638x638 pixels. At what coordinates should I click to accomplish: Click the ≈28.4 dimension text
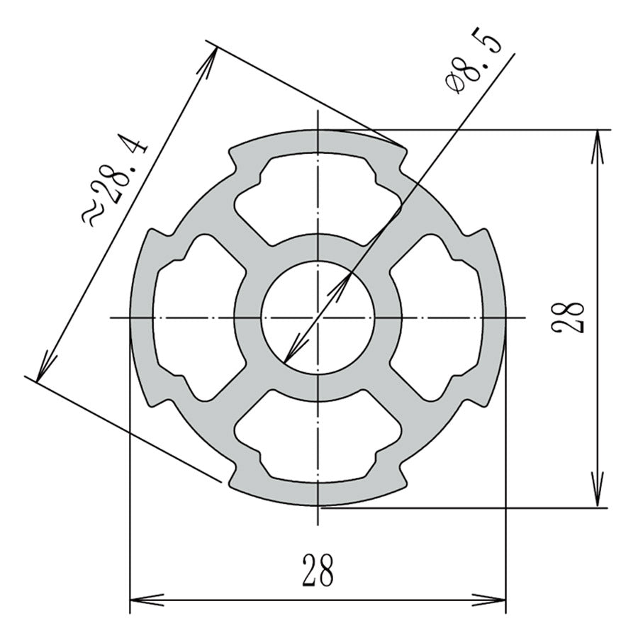tap(117, 183)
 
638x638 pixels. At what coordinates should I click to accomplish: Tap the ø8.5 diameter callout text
tap(474, 64)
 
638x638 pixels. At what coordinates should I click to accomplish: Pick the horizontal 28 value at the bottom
tap(317, 571)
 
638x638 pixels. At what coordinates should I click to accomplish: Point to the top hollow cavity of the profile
tap(317, 188)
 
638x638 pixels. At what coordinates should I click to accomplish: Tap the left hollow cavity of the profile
tap(190, 317)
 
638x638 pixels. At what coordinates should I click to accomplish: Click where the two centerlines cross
tap(318, 317)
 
